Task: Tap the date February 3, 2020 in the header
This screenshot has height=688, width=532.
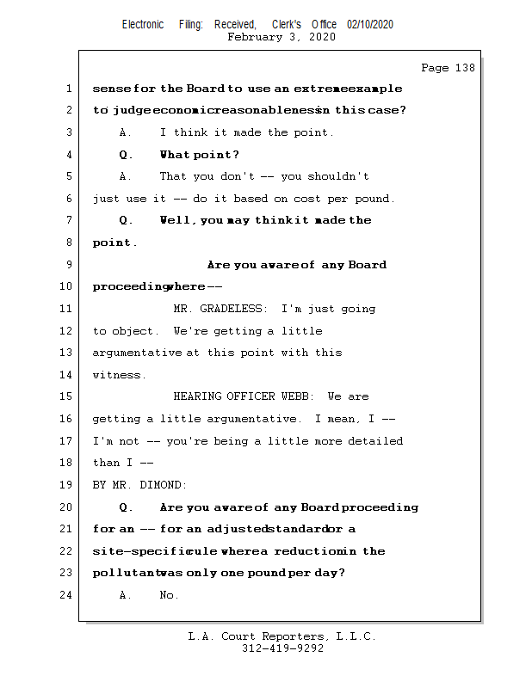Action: click(281, 37)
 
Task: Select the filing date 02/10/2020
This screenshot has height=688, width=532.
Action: click(370, 25)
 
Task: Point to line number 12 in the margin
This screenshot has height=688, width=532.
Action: click(66, 331)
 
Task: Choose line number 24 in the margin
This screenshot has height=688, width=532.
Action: click(66, 595)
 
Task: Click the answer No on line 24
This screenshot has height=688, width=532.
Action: click(169, 595)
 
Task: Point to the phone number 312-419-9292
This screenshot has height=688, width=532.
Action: click(282, 649)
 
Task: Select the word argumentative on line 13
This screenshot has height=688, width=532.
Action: click(138, 353)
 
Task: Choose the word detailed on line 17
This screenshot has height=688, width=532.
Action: click(375, 441)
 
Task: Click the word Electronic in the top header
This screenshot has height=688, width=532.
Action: click(143, 25)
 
